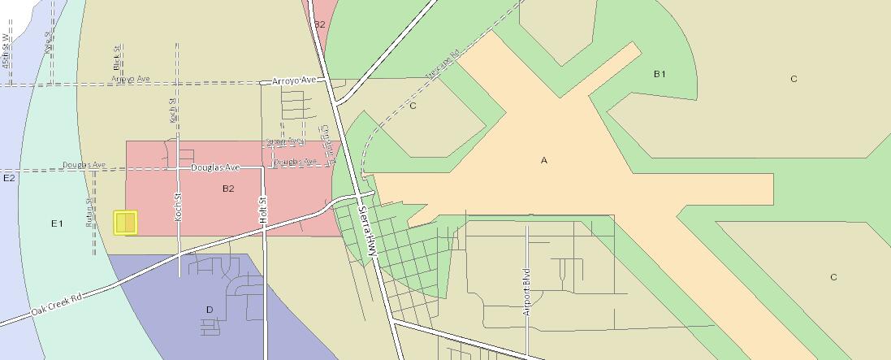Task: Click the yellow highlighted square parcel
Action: [x=126, y=223]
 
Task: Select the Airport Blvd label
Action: [x=526, y=291]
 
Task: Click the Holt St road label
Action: [x=263, y=210]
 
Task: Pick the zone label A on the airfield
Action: [x=544, y=160]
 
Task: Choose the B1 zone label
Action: [x=660, y=74]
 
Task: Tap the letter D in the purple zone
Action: [x=210, y=310]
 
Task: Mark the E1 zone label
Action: [x=57, y=223]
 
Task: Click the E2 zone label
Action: [x=9, y=178]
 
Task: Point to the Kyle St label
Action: [x=48, y=42]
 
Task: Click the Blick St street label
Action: [x=118, y=57]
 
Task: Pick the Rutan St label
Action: [x=89, y=210]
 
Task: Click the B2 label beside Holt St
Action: [x=228, y=189]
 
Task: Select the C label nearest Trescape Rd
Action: [x=413, y=106]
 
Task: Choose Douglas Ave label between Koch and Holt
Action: [x=215, y=167]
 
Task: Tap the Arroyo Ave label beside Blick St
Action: [x=131, y=80]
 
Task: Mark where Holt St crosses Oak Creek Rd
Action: [x=264, y=231]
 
